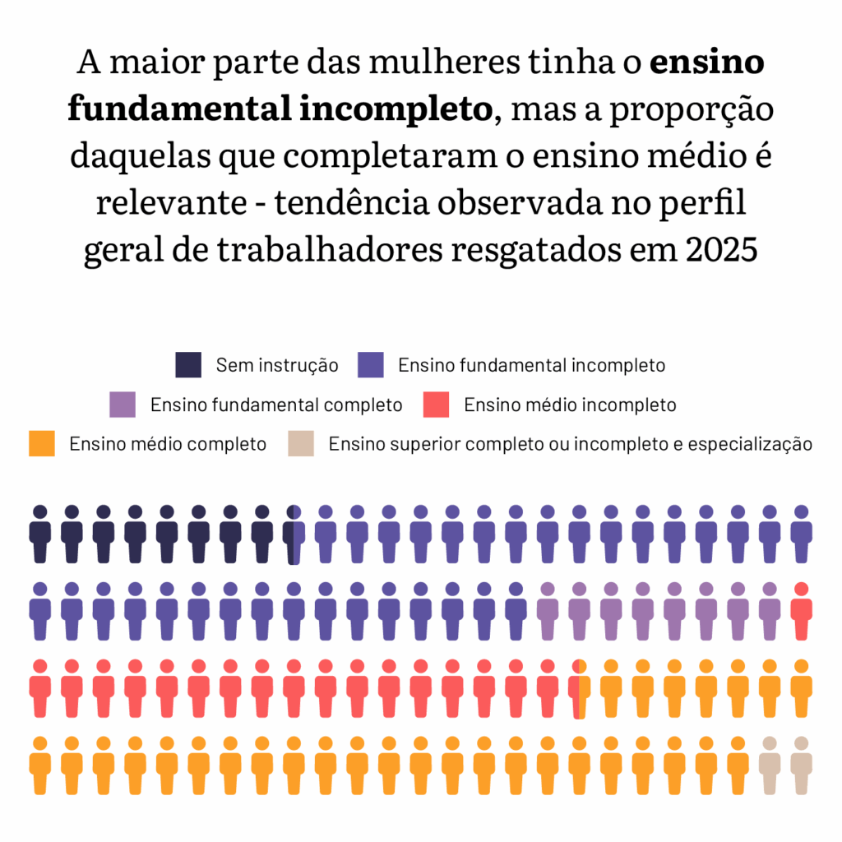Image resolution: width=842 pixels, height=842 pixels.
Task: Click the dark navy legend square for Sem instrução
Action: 188,365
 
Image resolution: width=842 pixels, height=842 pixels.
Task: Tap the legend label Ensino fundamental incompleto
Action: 531,365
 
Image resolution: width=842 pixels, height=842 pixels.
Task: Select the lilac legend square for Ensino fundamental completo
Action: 123,405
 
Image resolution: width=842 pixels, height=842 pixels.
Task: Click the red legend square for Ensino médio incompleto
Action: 436,405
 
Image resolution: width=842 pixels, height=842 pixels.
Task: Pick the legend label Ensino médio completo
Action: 168,444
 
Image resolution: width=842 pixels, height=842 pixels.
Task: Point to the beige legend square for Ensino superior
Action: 301,444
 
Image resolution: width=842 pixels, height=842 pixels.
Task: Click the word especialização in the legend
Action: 750,445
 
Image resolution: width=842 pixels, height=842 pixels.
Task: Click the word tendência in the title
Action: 355,203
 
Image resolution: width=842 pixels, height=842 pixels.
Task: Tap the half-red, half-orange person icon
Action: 579,687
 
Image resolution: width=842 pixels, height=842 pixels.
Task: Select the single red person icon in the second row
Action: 801,611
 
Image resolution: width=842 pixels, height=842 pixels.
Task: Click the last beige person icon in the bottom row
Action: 801,765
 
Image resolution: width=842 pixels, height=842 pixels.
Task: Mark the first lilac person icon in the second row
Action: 547,611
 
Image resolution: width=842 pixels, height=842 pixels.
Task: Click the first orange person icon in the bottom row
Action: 40,765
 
